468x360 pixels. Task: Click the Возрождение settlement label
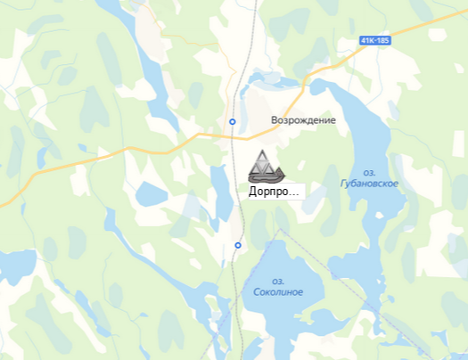304,120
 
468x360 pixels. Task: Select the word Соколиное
277,292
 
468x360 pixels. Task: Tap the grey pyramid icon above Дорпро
264,167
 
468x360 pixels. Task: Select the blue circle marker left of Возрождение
233,121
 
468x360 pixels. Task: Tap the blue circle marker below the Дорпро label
238,245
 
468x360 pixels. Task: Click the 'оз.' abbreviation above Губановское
369,172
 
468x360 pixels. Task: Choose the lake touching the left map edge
13,267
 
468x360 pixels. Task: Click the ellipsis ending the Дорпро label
296,193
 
